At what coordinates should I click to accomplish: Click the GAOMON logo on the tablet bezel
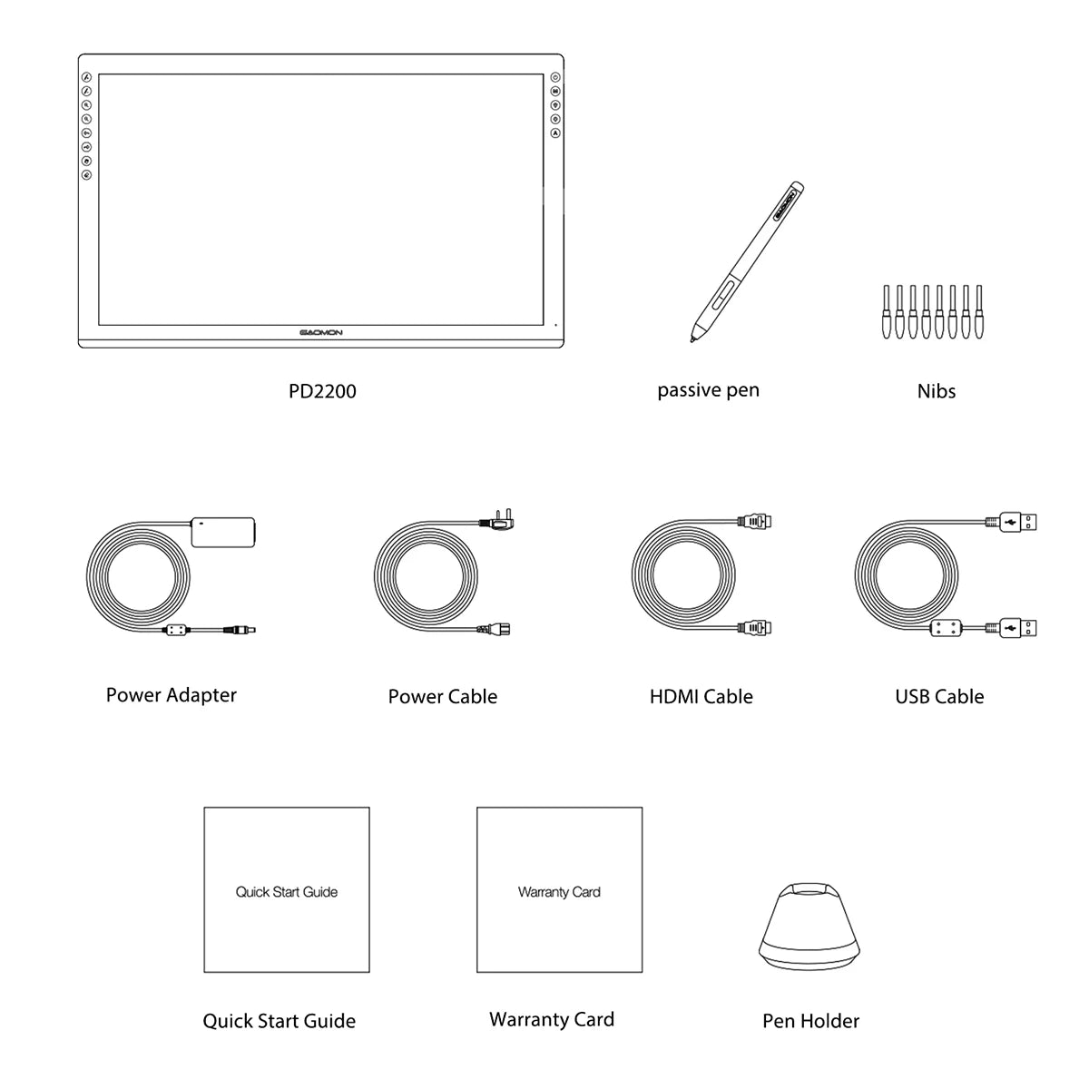click(321, 333)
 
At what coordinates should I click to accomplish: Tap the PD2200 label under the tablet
click(322, 391)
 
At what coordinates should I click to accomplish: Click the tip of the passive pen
click(693, 340)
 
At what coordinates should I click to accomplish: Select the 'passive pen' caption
click(708, 390)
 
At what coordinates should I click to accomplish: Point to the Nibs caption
click(936, 391)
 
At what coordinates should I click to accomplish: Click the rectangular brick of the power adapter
click(222, 531)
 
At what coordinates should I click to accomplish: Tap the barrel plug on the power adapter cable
click(240, 629)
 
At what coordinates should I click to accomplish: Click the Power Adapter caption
click(171, 695)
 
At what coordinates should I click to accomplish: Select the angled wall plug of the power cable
click(502, 523)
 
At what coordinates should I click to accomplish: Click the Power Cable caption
click(442, 697)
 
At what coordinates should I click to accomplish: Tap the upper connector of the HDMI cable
click(755, 522)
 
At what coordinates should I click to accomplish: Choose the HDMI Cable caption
click(701, 697)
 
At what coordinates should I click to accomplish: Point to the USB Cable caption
click(939, 697)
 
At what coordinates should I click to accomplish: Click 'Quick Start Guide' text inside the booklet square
click(287, 892)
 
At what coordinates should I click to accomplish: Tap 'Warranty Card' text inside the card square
click(559, 892)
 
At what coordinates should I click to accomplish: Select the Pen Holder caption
click(810, 1021)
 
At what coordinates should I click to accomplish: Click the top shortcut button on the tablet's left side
click(86, 78)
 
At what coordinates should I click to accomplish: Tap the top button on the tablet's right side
click(554, 78)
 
